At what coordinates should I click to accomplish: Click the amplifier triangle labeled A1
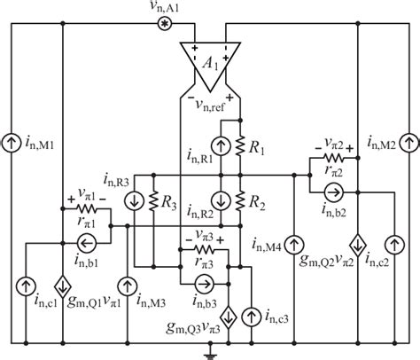(x=209, y=65)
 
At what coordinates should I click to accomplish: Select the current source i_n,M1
(x=12, y=141)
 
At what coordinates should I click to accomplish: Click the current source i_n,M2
(x=407, y=141)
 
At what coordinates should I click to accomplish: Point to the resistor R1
(x=239, y=142)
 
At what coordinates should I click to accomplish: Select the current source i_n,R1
(x=214, y=142)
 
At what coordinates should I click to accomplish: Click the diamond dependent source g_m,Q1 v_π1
(x=63, y=286)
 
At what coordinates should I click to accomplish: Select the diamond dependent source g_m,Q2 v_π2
(x=356, y=240)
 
